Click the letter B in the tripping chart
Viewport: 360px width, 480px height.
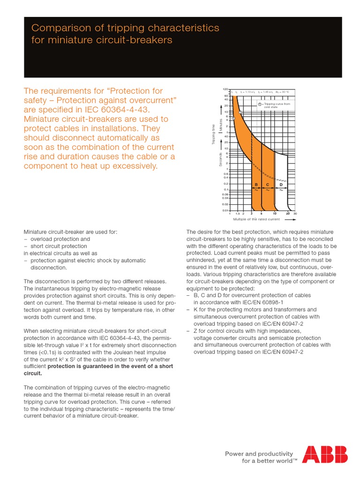click(256, 185)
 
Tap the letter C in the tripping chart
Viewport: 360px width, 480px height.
click(267, 185)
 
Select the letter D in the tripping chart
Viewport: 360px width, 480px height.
click(281, 185)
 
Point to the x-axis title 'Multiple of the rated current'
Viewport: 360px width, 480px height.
click(256, 219)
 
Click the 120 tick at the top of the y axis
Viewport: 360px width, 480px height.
click(225, 89)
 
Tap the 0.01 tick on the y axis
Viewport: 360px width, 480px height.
click(225, 210)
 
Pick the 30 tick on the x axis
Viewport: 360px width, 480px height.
click(295, 214)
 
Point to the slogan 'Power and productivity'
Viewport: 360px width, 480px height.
click(259, 453)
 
